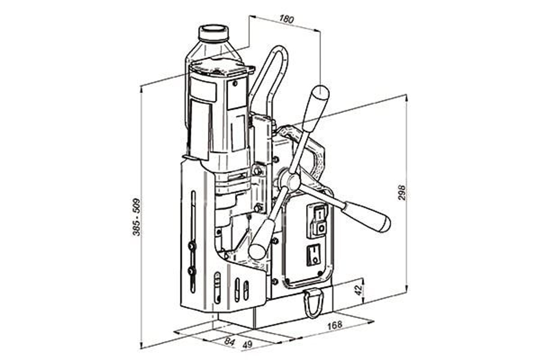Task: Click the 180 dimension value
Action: [286, 19]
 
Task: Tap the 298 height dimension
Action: [402, 193]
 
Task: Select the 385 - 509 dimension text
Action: [137, 217]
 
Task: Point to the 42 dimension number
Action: [359, 290]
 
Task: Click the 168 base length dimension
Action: [335, 325]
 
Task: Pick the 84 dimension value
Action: [230, 342]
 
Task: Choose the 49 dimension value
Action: [247, 345]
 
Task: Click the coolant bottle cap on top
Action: [213, 33]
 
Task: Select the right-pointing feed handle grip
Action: [367, 216]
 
